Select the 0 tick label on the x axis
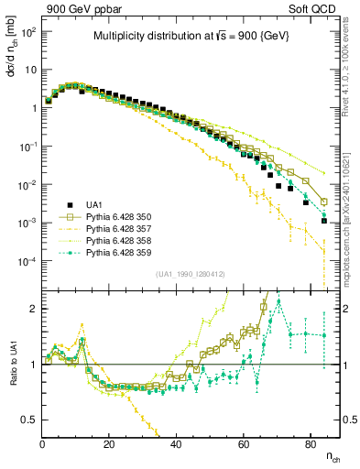[x=42, y=444]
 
